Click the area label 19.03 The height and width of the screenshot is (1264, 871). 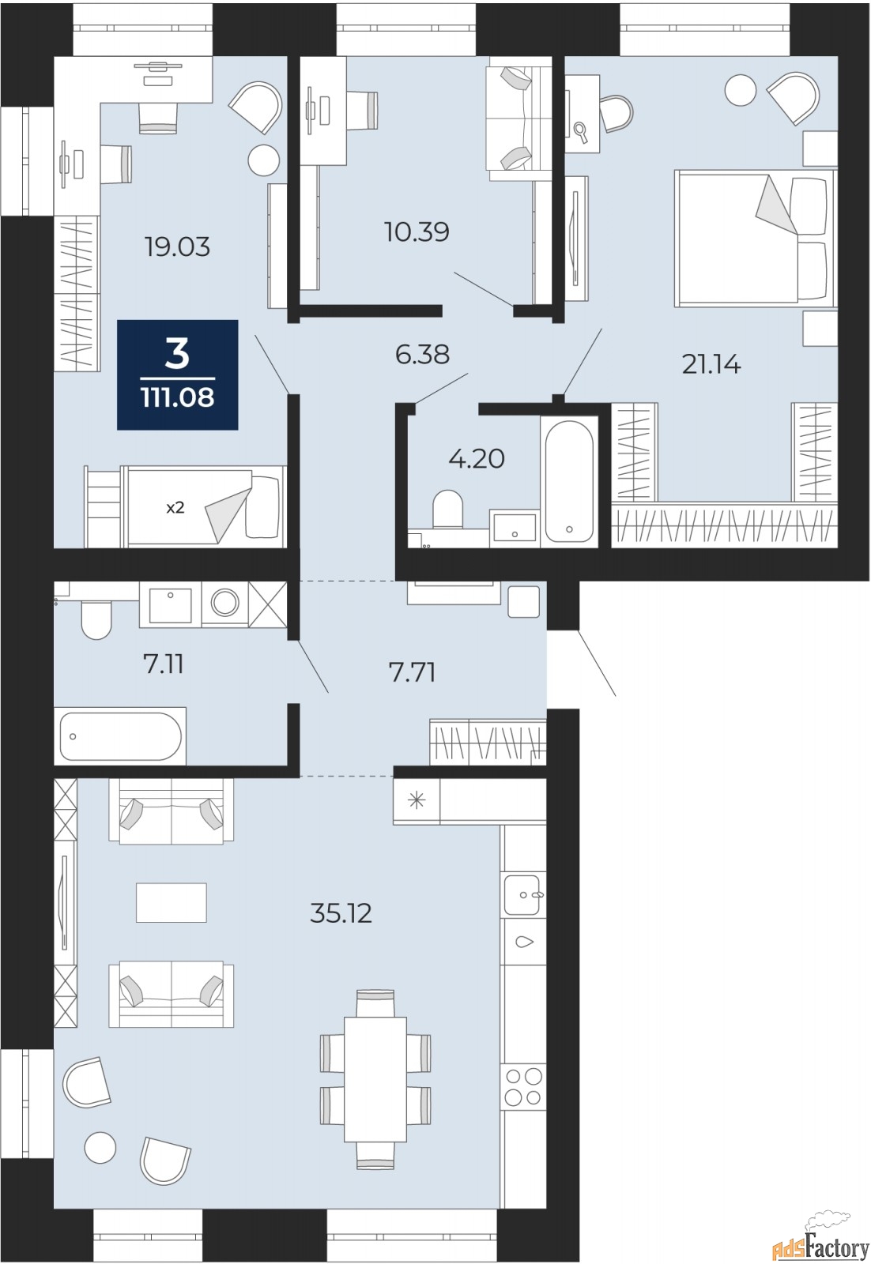click(x=177, y=247)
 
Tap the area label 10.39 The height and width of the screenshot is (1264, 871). click(x=417, y=232)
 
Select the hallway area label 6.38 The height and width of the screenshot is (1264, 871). click(x=422, y=355)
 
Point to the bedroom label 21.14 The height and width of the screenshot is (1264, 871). click(x=711, y=364)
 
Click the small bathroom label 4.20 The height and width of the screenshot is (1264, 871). click(x=477, y=459)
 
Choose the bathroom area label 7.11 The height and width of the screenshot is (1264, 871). click(x=164, y=664)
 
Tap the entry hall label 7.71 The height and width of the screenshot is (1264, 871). click(x=413, y=673)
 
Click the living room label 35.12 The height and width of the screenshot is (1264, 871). click(x=341, y=913)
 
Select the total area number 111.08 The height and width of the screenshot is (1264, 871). click(x=178, y=397)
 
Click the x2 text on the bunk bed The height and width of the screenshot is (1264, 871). click(x=175, y=508)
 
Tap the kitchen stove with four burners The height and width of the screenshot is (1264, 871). click(x=524, y=1086)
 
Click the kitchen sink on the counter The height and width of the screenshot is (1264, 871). click(x=522, y=894)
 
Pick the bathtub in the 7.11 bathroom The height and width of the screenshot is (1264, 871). click(x=120, y=736)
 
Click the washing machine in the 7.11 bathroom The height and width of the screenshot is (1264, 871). click(x=224, y=604)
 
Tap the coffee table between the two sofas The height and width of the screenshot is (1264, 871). click(x=172, y=902)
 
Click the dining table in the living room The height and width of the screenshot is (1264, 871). click(x=375, y=1078)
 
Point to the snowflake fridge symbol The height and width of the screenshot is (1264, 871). click(x=417, y=801)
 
